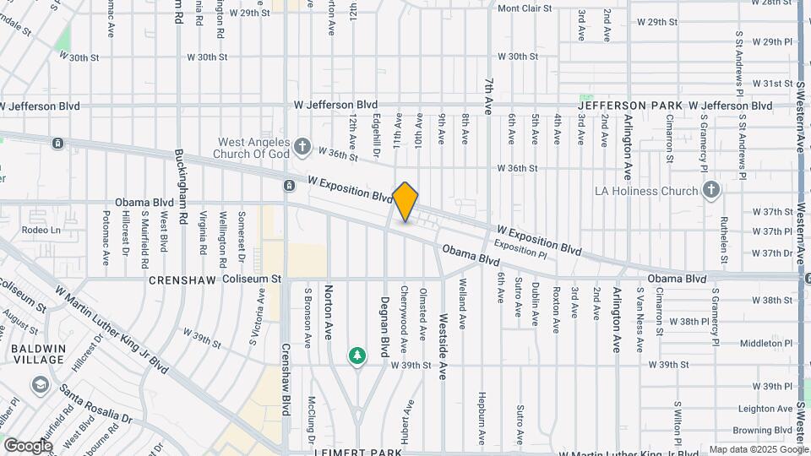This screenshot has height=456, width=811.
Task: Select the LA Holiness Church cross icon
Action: [x=710, y=191]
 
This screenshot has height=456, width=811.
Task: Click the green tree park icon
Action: [x=358, y=356]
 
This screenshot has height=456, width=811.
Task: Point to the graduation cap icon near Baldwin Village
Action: [x=40, y=385]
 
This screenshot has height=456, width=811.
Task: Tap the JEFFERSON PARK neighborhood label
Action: [x=630, y=106]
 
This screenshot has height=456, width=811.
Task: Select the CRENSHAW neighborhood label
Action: [x=183, y=279]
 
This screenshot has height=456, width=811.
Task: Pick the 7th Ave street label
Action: [x=488, y=95]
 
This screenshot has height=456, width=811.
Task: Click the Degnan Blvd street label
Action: [x=384, y=313]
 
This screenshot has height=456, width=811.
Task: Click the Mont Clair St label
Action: [x=524, y=8]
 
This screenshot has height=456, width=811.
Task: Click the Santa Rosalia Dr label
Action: [x=95, y=405]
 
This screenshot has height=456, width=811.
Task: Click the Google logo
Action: [x=28, y=445]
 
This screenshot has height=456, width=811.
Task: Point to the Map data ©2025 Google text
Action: [x=759, y=449]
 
